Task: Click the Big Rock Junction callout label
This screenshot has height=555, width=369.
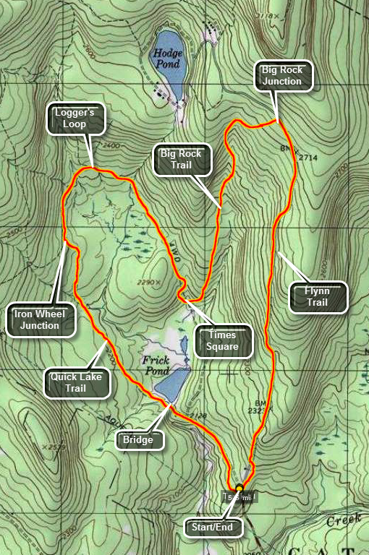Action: click(283, 76)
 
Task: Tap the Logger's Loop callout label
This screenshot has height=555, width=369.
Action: click(76, 119)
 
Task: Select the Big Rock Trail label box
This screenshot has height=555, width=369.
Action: click(182, 160)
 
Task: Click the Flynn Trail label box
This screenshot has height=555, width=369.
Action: click(318, 297)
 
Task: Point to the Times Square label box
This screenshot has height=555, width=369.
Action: click(225, 341)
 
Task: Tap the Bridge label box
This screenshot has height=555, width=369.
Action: click(138, 439)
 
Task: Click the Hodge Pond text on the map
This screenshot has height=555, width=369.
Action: click(167, 59)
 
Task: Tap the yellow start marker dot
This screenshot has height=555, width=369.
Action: click(238, 488)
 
